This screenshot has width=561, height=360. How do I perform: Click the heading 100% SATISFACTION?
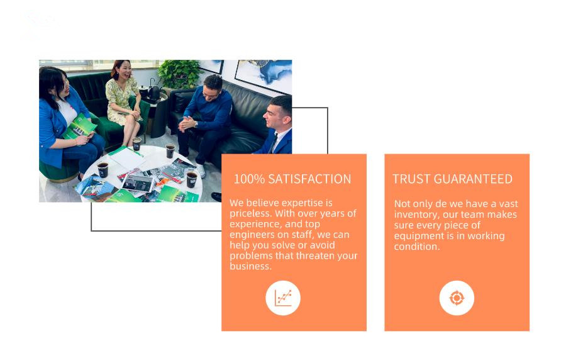(x=292, y=179)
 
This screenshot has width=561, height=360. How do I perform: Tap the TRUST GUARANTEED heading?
(x=452, y=179)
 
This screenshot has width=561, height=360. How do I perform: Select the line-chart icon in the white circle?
(x=283, y=298)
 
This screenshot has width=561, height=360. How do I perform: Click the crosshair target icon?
(x=457, y=298)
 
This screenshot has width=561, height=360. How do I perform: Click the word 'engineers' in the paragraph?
(x=252, y=235)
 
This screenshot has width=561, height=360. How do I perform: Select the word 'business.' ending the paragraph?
(x=250, y=266)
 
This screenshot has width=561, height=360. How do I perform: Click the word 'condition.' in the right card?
(x=416, y=247)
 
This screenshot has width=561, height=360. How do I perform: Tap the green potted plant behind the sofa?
(x=179, y=74)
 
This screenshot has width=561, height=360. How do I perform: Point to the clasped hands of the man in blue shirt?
(x=187, y=123)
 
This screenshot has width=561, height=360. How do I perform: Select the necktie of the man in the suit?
(x=274, y=143)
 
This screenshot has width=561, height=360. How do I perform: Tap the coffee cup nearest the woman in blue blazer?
(x=103, y=170)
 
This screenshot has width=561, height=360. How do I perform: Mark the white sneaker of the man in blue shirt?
(x=201, y=171)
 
